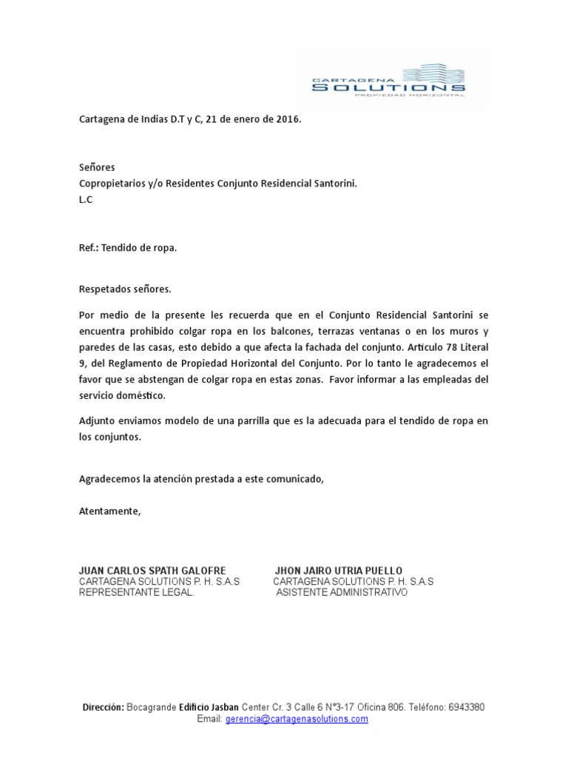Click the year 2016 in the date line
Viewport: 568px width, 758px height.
[x=288, y=119]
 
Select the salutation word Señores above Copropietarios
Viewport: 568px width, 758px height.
[x=97, y=167]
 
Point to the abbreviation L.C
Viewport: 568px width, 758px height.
[x=87, y=199]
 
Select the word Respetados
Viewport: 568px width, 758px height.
[x=104, y=289]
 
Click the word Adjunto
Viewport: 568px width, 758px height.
[x=97, y=420]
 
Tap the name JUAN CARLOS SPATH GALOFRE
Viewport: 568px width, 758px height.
[x=152, y=571]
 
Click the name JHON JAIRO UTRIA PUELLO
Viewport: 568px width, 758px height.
[x=339, y=571]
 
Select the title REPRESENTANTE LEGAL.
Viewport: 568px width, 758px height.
[x=137, y=593]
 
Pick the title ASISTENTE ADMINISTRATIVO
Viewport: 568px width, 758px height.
[x=342, y=593]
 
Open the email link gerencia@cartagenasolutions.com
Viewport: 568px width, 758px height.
[x=297, y=719]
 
